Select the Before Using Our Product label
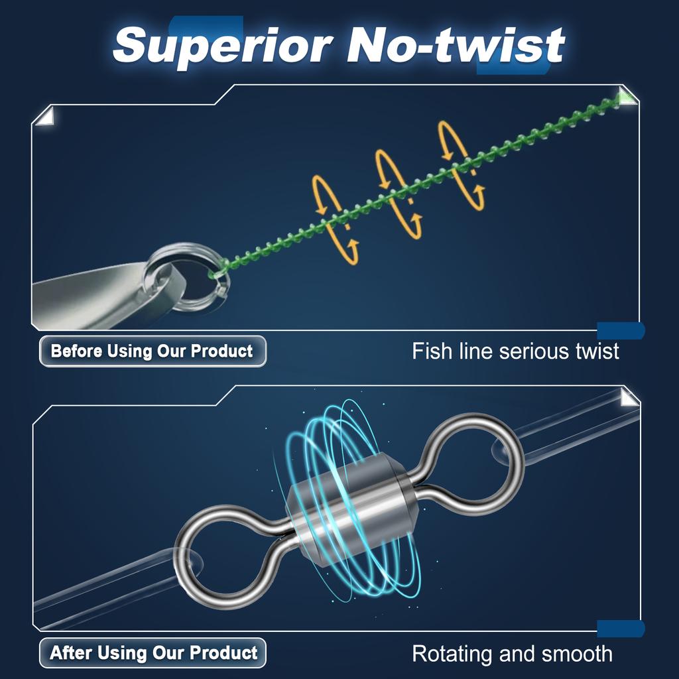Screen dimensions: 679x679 [x=152, y=351]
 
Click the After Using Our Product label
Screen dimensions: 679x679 [x=153, y=653]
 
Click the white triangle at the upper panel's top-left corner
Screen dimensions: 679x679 [x=43, y=117]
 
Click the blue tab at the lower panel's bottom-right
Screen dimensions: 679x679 [x=621, y=629]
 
